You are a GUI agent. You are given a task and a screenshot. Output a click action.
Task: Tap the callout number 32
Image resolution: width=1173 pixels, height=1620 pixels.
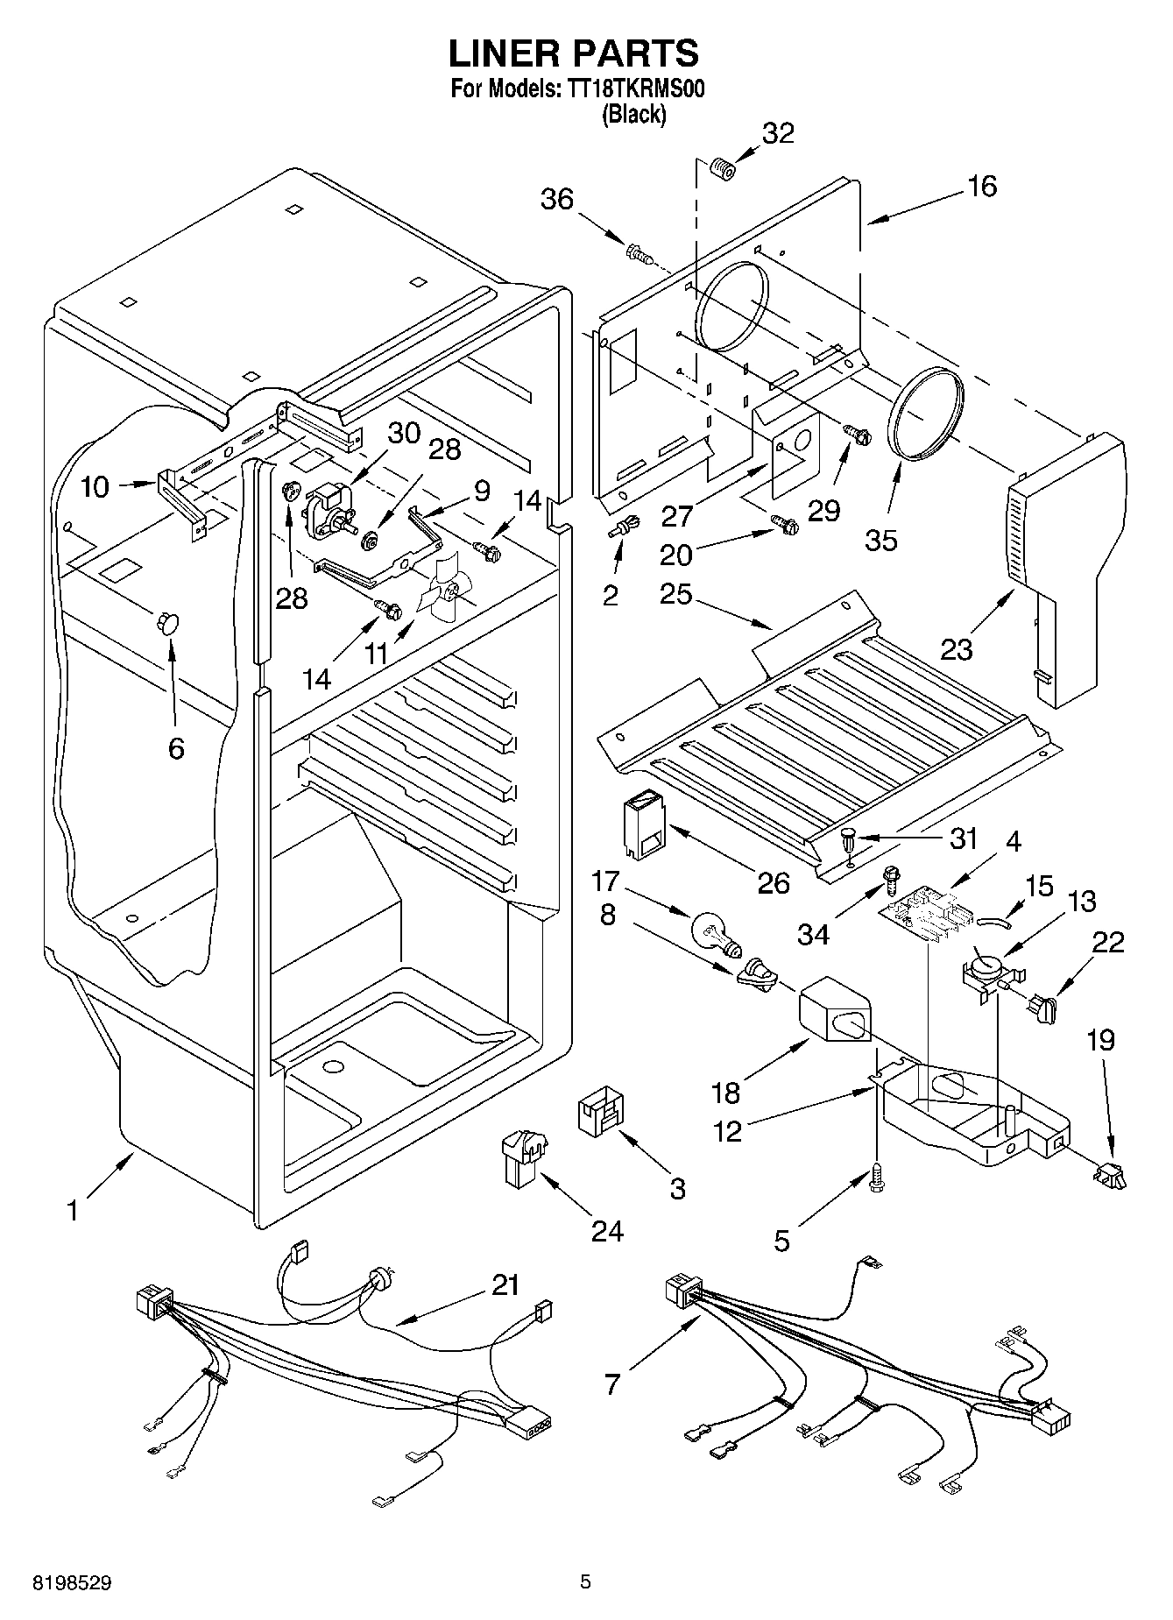(778, 133)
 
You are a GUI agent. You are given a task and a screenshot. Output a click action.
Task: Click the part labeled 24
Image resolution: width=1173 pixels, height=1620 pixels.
(522, 1157)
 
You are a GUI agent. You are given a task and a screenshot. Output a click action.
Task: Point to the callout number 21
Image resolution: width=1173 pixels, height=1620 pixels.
(505, 1286)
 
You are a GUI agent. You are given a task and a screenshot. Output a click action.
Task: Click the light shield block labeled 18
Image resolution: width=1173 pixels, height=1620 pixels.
(834, 1012)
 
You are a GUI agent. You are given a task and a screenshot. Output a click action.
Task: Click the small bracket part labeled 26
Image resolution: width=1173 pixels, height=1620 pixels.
(644, 823)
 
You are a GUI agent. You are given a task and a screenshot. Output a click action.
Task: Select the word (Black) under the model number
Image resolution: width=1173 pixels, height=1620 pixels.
(633, 115)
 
